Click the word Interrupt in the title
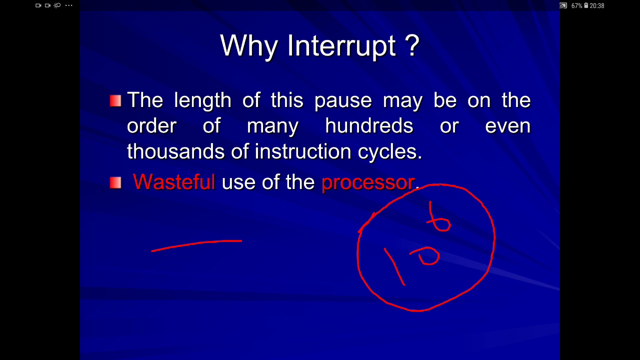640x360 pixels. click(x=341, y=46)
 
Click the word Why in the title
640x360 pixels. click(x=248, y=46)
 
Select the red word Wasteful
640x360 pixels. click(x=173, y=181)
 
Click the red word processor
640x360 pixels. click(x=368, y=182)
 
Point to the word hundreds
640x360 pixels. click(x=369, y=125)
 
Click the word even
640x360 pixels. click(x=507, y=125)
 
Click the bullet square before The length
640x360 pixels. click(x=115, y=101)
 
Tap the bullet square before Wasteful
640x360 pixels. click(x=115, y=182)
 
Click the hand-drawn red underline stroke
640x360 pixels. click(x=196, y=244)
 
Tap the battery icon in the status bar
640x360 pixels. click(x=586, y=5)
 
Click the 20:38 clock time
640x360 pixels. click(x=597, y=5)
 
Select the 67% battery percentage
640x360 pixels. click(x=576, y=5)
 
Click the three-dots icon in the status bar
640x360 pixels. click(x=68, y=5)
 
